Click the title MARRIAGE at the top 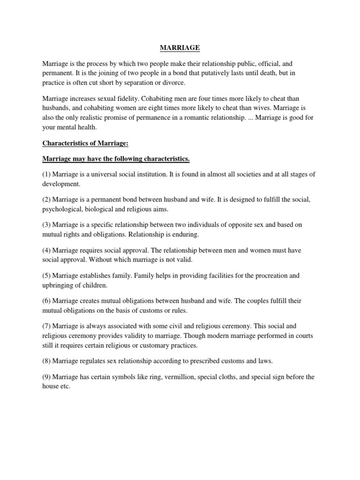180,47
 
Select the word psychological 61,210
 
